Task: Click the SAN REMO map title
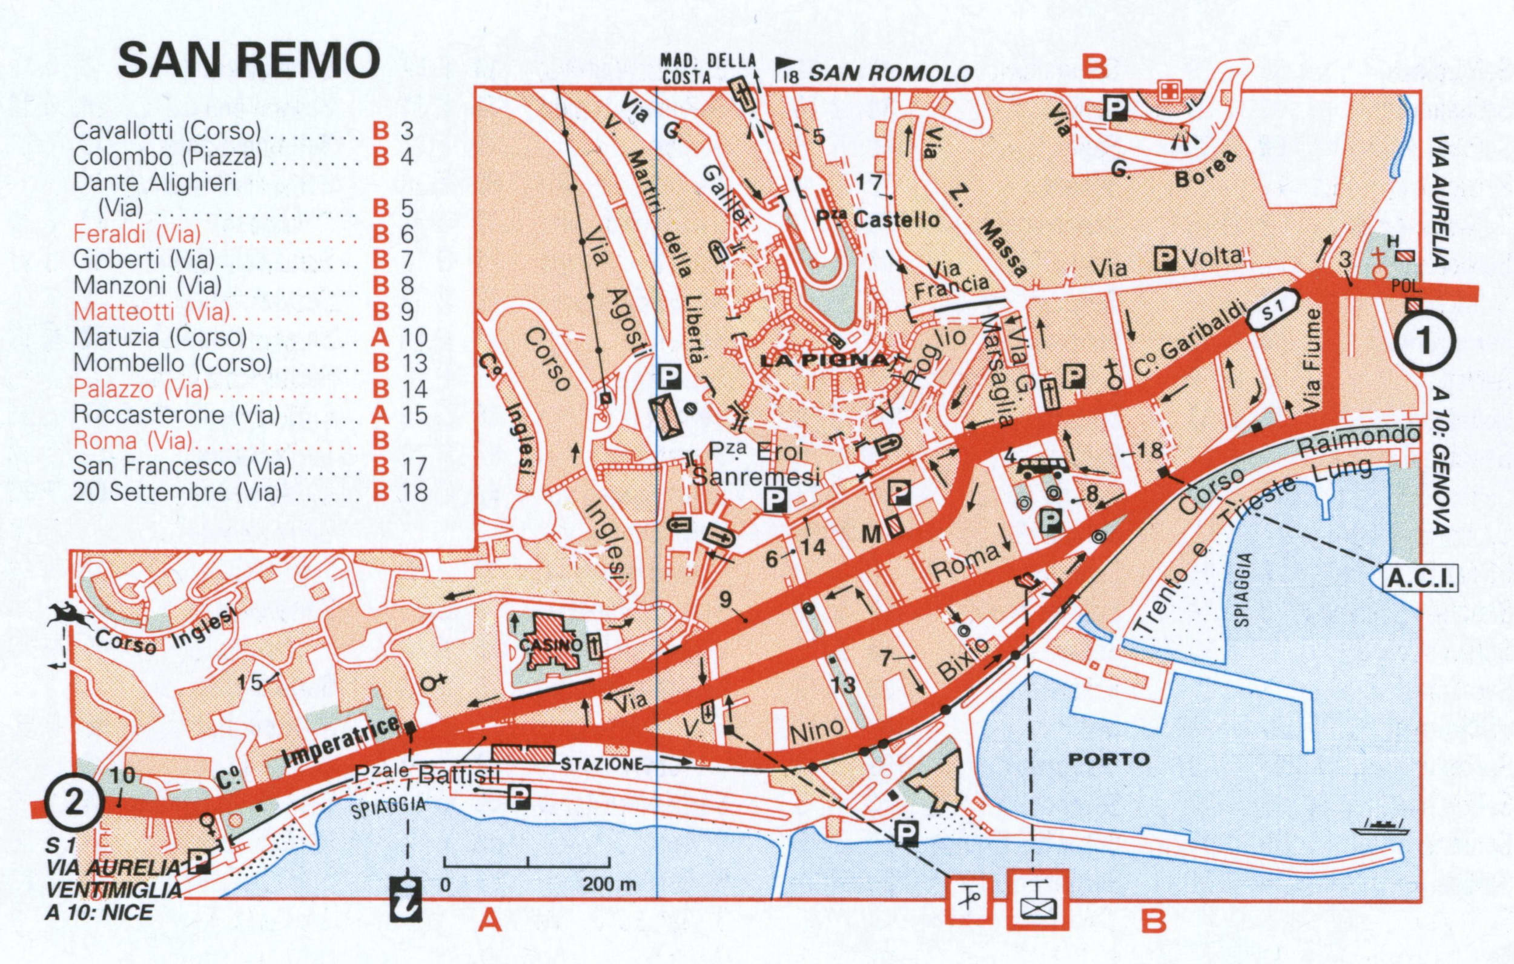249,61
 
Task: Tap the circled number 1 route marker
1426,342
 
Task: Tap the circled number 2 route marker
74,803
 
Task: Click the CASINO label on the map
550,645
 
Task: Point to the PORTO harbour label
1109,759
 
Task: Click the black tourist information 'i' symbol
406,900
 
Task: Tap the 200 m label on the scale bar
609,884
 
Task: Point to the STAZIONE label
602,764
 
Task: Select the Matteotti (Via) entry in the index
151,311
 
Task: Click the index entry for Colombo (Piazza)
167,157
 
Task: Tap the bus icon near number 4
1042,468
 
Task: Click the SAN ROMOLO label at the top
890,74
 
